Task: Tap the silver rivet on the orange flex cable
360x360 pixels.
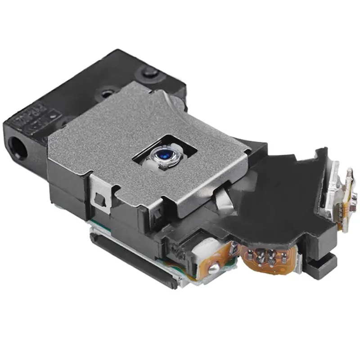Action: pyautogui.click(x=215, y=269)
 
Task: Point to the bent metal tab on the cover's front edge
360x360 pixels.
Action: pyautogui.click(x=223, y=198)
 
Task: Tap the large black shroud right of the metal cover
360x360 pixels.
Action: pyautogui.click(x=279, y=193)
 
